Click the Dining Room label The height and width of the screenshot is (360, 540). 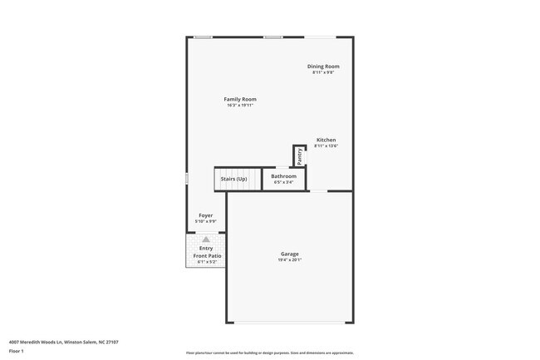coord(323,67)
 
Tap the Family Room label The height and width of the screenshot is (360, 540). coord(239,99)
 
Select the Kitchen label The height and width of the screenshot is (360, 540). coord(326,140)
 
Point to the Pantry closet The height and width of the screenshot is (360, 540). coord(299,156)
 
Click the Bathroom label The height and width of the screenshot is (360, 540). coord(283,176)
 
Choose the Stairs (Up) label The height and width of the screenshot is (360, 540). coord(233,179)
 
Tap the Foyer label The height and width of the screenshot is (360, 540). coord(205,215)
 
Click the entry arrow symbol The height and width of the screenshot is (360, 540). coord(205,239)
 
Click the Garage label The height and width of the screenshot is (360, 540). coord(289,254)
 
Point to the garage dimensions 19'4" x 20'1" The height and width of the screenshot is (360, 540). coord(289,260)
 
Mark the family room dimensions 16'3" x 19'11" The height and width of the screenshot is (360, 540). coord(239,106)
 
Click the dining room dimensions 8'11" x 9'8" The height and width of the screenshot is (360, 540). coord(323,73)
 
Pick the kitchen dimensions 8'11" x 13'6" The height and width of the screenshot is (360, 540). coord(326,146)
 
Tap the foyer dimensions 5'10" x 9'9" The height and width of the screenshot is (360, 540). coord(205,222)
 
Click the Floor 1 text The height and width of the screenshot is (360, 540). coord(17,352)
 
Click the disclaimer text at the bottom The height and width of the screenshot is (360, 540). coord(269,353)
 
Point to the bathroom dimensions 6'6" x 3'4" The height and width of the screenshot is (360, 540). coord(283,183)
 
